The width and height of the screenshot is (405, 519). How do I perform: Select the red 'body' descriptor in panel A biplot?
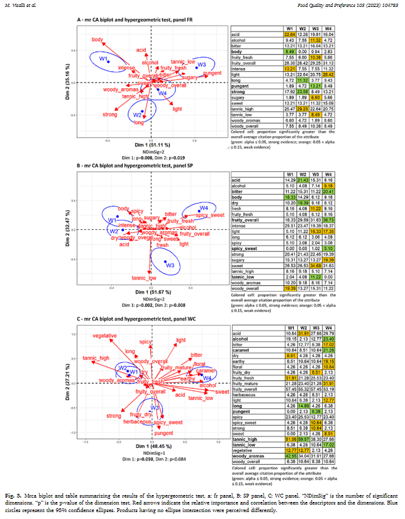[97, 40]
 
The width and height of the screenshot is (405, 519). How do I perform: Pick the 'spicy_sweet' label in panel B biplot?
[211, 216]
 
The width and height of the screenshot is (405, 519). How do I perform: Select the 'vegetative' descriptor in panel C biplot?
[104, 335]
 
